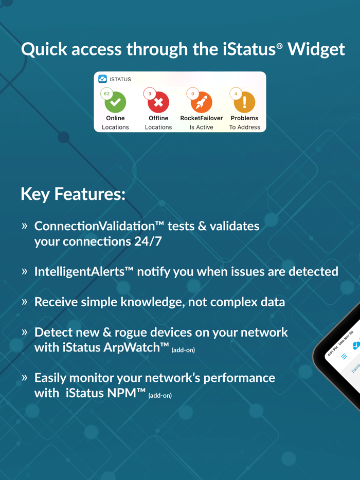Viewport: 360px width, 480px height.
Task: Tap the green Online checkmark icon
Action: (116, 103)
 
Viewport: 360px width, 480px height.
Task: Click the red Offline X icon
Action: (158, 103)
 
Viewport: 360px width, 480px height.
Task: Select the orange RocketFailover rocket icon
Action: (202, 103)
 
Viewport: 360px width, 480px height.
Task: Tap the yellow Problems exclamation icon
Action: (244, 103)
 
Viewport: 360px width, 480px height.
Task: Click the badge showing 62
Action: (106, 94)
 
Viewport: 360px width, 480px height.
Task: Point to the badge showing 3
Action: (150, 94)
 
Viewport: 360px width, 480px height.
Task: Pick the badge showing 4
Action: (236, 94)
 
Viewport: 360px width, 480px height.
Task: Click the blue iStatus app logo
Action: (103, 79)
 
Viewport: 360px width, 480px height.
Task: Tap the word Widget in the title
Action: (316, 49)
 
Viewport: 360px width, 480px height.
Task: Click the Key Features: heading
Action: (73, 194)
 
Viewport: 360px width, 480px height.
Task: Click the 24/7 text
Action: (148, 241)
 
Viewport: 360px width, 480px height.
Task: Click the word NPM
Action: (131, 394)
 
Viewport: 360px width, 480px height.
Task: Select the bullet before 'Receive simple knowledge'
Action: (24, 302)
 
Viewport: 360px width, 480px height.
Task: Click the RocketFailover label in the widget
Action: (202, 118)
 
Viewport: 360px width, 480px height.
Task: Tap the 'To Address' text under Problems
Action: (244, 127)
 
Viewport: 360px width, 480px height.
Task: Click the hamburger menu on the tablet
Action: (344, 356)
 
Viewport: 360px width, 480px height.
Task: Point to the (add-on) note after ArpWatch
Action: (183, 350)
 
